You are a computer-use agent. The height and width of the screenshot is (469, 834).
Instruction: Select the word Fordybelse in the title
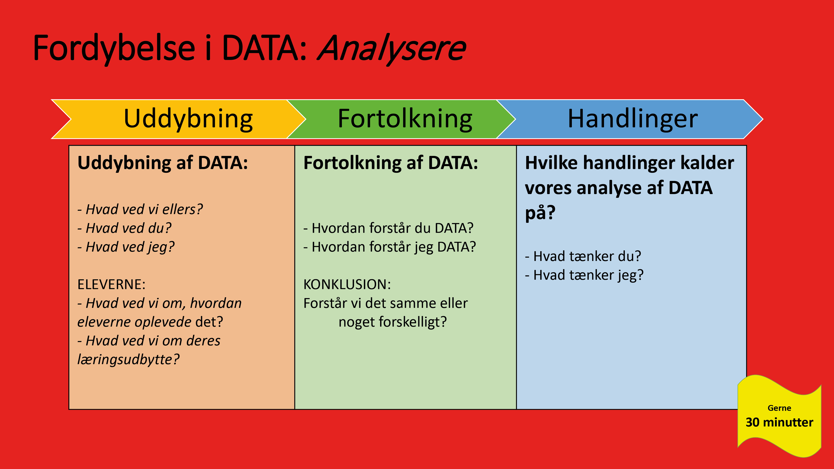point(114,49)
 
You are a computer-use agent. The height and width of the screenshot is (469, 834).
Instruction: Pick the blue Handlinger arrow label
point(633,119)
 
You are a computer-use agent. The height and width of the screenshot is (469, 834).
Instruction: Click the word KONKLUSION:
point(347,284)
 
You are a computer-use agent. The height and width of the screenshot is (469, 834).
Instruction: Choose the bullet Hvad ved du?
point(125,228)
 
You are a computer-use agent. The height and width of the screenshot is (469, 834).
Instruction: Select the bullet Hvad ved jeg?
point(126,247)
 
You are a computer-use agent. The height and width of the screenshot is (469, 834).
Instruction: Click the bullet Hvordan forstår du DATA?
point(388,228)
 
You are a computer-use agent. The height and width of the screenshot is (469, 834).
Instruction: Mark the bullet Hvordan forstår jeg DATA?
point(389,247)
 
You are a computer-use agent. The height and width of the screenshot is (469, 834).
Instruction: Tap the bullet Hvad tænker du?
point(583,256)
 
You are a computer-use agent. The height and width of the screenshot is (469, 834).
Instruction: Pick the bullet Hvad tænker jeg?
point(584,275)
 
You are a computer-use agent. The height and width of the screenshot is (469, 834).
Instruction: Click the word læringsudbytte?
point(128,360)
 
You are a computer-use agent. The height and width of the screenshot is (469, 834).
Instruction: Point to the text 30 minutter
point(779,422)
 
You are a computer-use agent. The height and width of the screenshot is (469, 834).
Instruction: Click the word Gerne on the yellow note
point(779,408)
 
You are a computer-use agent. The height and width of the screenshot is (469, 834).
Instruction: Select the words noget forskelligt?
point(392,322)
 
